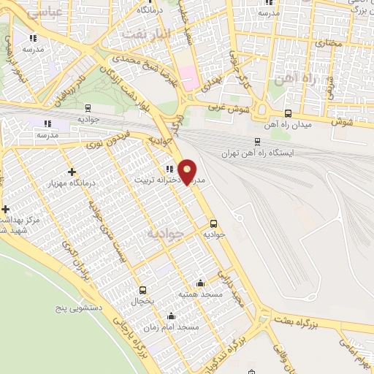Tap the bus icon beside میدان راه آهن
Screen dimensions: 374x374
coord(288,113)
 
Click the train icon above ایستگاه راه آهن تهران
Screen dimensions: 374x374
coord(257,142)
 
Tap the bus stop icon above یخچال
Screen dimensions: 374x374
coord(142,289)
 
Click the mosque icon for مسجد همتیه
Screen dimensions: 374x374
coord(201,283)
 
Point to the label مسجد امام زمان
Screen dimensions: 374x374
coord(171,328)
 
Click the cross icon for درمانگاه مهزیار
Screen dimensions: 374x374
coord(72,172)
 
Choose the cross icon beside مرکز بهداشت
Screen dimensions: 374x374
coord(5,209)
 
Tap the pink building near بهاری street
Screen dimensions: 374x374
coord(189,77)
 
